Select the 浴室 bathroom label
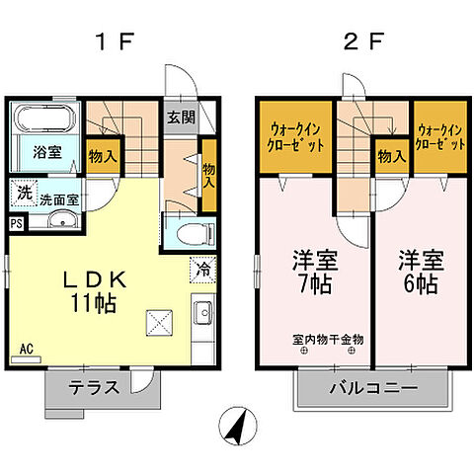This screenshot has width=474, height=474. [x=47, y=154]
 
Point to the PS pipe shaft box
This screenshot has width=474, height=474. [x=16, y=223]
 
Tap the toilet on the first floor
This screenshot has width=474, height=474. [x=192, y=233]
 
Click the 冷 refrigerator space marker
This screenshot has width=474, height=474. [x=200, y=268]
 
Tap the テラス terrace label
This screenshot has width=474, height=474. [x=95, y=387]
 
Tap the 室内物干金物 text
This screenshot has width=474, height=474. [x=329, y=340]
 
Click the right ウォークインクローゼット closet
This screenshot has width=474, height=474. [x=439, y=135]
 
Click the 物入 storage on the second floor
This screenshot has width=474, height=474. [x=391, y=155]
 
